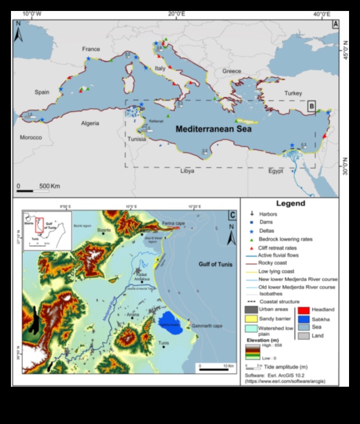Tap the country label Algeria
(90, 123)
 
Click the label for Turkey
(293, 93)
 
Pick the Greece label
(231, 71)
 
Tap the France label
(91, 49)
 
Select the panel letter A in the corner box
(335, 24)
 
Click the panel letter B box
(311, 107)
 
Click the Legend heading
(290, 203)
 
